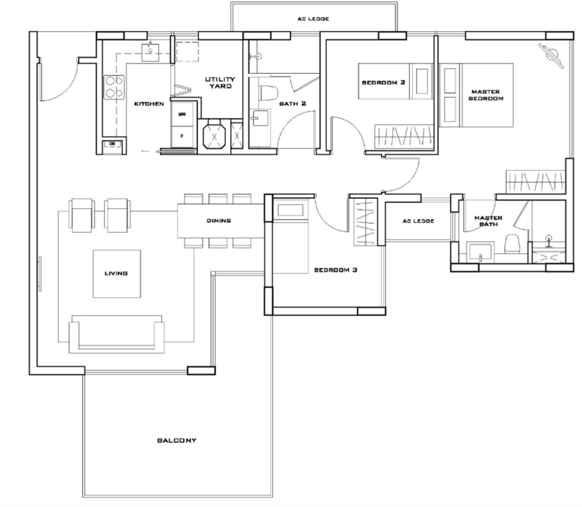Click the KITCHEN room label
pos(149,103)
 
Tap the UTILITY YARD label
pos(220,82)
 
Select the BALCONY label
pos(177,440)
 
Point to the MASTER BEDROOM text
pos(486,95)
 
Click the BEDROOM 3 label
pos(335,270)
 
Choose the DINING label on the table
pos(219,221)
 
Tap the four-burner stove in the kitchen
pos(114,87)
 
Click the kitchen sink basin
pos(151,52)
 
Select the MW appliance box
pos(182,113)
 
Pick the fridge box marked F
pos(182,137)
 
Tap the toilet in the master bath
pos(512,244)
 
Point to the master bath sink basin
pos(480,252)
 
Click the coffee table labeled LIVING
pos(116,274)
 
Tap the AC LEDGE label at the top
pos(313,19)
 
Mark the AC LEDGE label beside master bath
pos(418,221)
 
